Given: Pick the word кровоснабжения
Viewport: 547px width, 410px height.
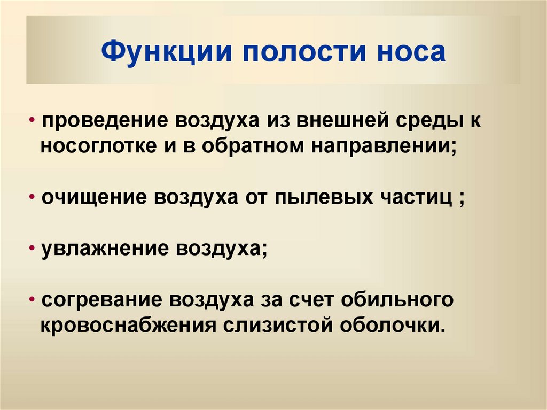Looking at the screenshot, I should coord(128,325).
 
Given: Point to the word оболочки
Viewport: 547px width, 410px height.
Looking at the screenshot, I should coord(388,324).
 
